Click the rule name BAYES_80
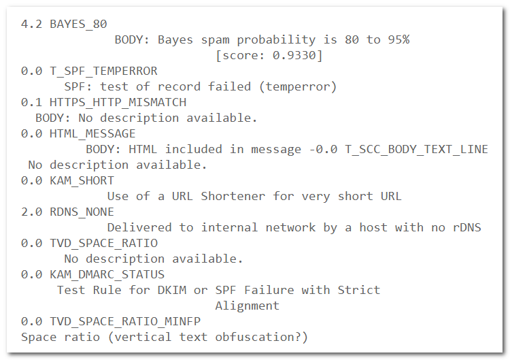78,24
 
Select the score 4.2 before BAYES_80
31,24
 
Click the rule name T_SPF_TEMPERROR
103,71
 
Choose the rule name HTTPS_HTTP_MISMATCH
118,102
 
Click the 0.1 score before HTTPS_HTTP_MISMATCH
31,102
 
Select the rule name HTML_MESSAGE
92,133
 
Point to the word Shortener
233,196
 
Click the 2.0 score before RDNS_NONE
31,212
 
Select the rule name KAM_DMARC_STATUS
107,274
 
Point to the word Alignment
247,306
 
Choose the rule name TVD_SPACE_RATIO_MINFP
124,321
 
